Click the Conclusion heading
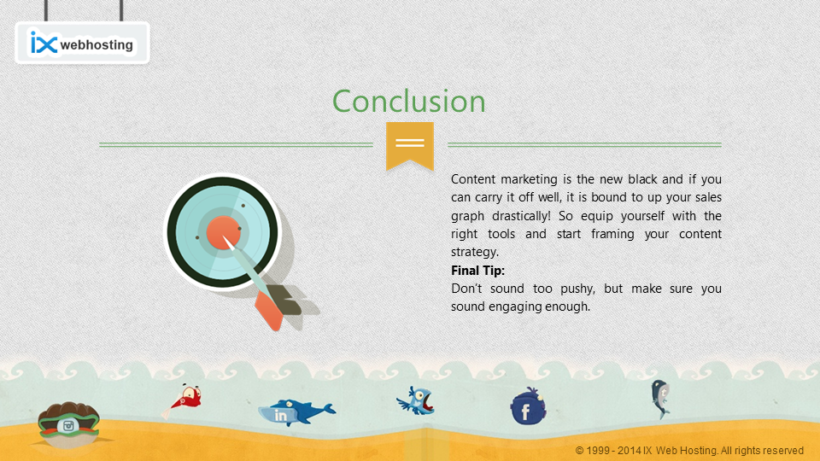[x=409, y=101]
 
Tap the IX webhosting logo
[x=82, y=43]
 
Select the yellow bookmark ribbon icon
[x=410, y=146]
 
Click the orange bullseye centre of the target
[x=223, y=232]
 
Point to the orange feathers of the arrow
[x=269, y=311]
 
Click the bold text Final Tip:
[x=478, y=271]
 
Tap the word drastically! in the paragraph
[x=521, y=216]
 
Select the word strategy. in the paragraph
[x=475, y=252]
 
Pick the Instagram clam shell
[x=68, y=424]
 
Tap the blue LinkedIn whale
[x=296, y=411]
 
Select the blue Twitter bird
[x=416, y=401]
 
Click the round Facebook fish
[x=528, y=407]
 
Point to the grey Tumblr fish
[x=660, y=399]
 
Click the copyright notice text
[x=689, y=451]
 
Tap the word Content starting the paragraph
[x=472, y=179]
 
